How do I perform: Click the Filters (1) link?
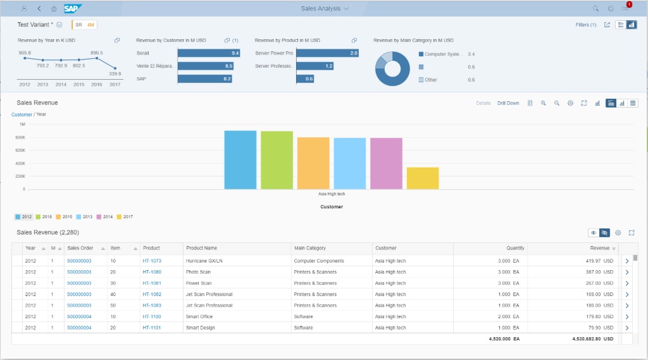(x=586, y=25)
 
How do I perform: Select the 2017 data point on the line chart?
(x=115, y=68)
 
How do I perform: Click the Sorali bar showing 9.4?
(x=208, y=53)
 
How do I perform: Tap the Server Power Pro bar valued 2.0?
(x=327, y=53)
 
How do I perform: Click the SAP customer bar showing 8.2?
(x=204, y=78)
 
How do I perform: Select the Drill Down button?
(x=508, y=103)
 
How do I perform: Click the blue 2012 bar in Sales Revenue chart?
(x=240, y=159)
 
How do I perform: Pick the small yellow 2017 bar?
(x=422, y=178)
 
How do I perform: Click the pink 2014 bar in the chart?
(x=386, y=163)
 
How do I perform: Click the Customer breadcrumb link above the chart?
(x=22, y=115)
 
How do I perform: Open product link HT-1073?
(x=152, y=261)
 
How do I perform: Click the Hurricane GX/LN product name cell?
(x=205, y=261)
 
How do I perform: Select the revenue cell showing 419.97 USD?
(x=599, y=261)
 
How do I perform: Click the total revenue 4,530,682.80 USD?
(x=590, y=338)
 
